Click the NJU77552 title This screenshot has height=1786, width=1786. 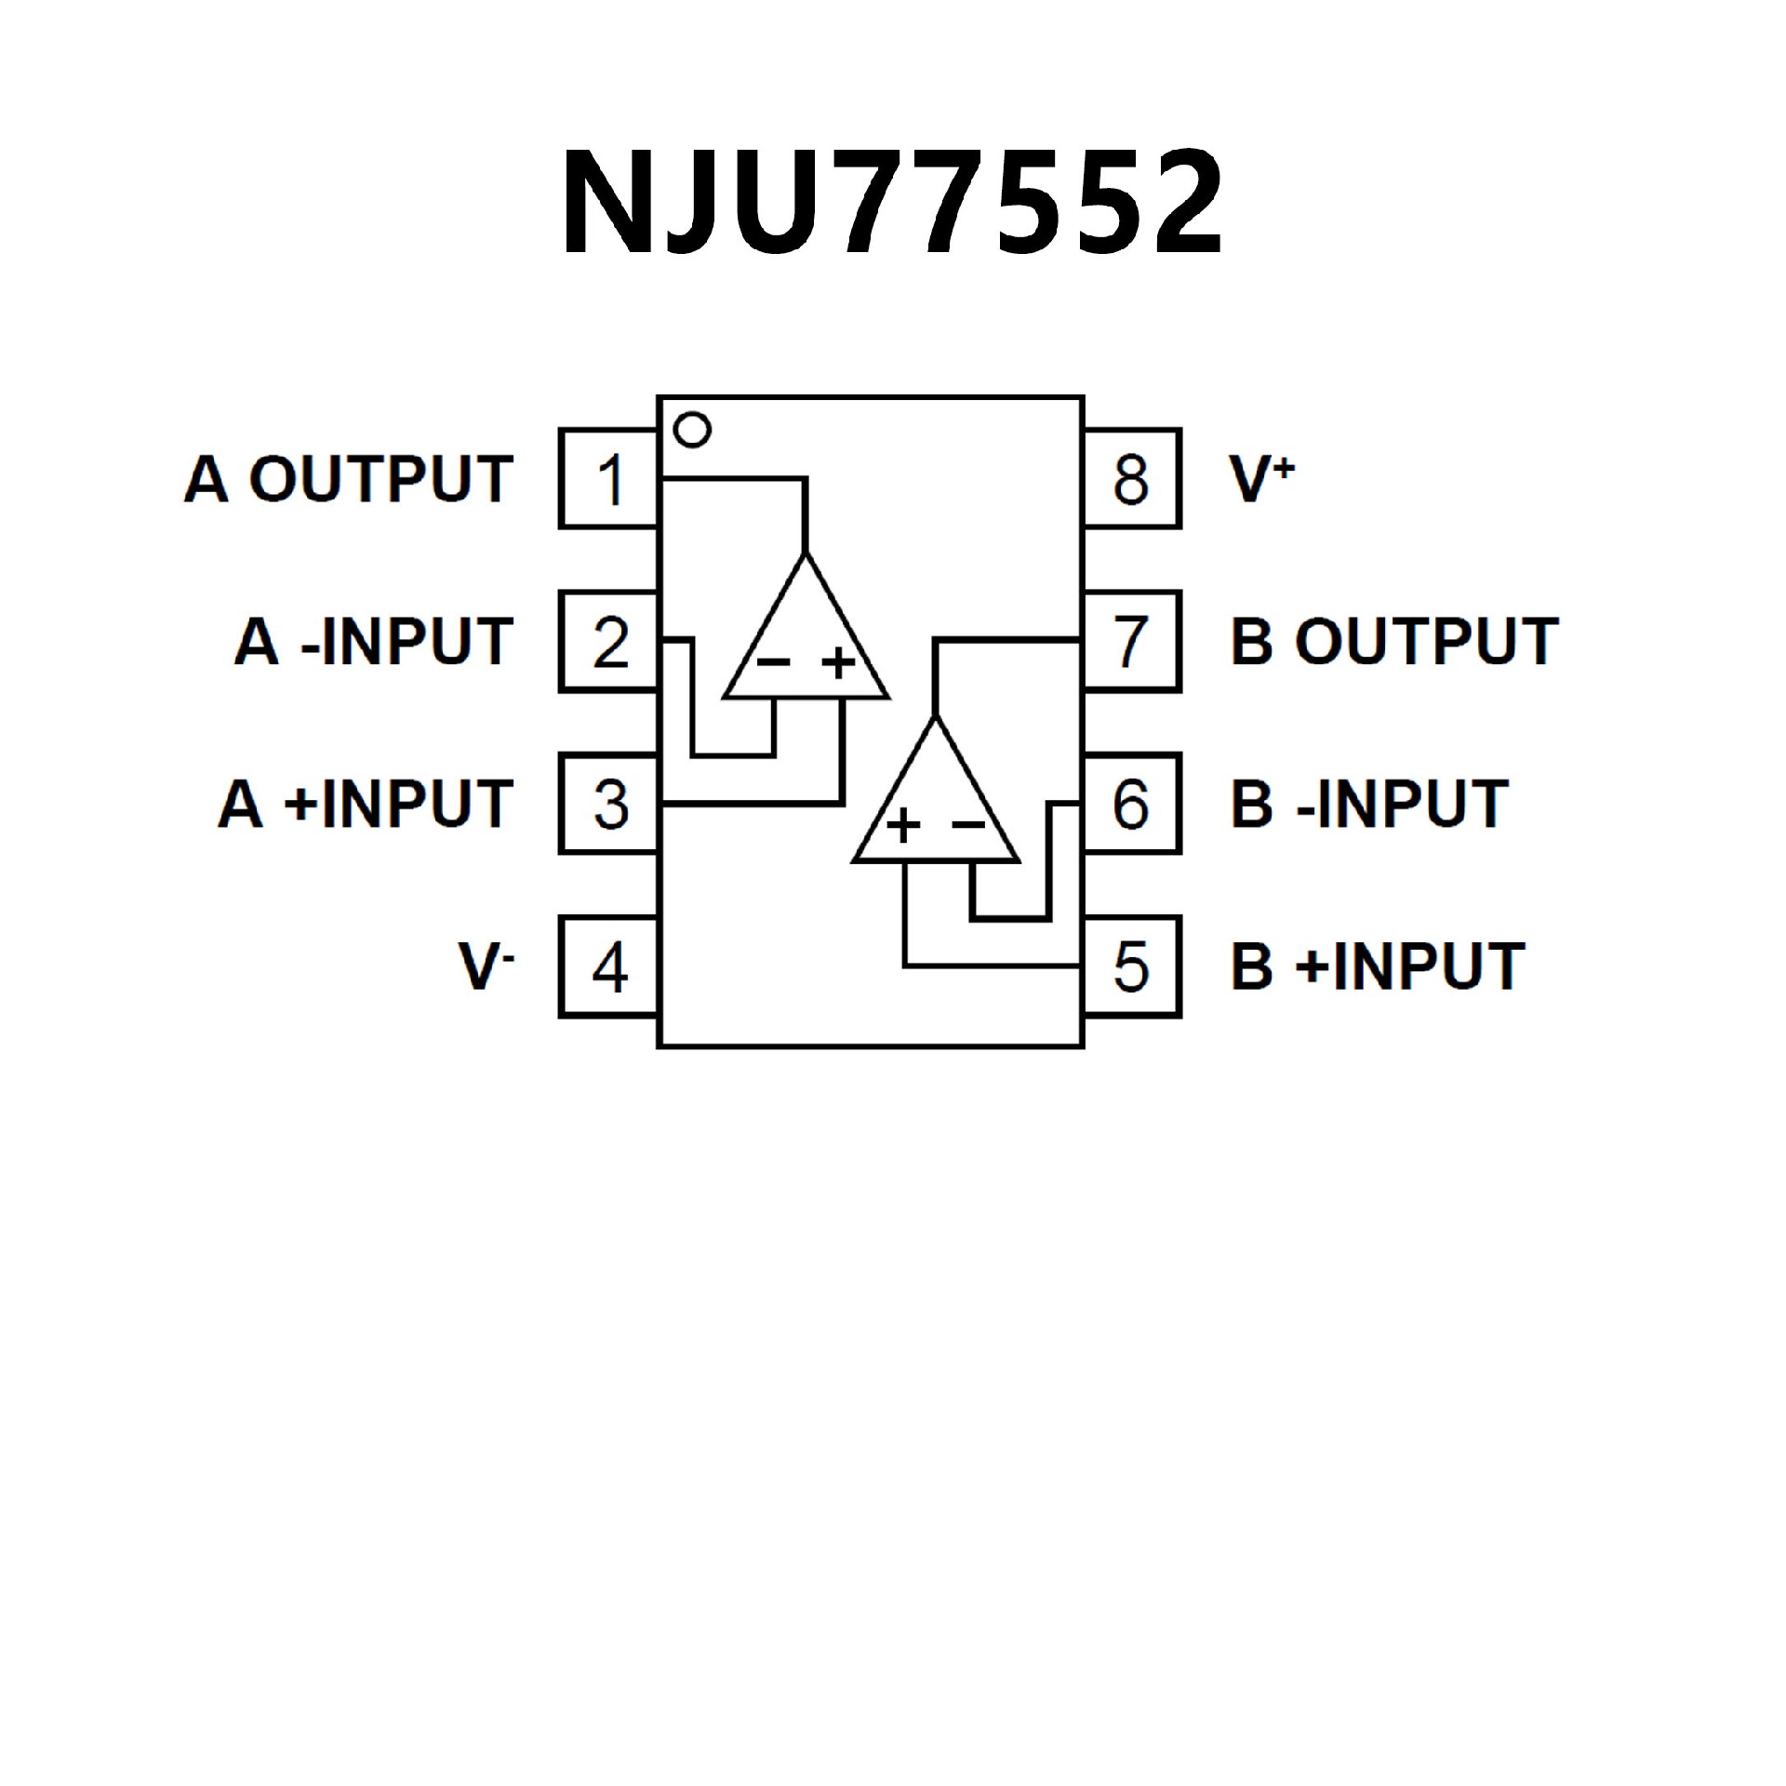point(891,203)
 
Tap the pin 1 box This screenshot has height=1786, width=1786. point(609,479)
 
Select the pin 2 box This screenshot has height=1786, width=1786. point(609,641)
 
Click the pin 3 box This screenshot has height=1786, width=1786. point(609,804)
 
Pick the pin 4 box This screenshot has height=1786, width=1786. point(609,966)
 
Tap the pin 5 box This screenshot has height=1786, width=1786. point(1131,966)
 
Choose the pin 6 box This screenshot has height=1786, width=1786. point(1131,804)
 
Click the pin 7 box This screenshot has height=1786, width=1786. point(1131,641)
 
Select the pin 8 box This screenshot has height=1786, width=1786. point(1131,479)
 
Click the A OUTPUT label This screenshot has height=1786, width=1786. point(349,479)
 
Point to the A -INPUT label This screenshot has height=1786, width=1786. point(373,641)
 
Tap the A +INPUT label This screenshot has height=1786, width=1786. point(366,804)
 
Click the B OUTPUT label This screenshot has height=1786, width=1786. point(1393,641)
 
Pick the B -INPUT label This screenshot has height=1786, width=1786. point(1368,804)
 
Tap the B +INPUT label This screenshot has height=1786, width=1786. point(1377,966)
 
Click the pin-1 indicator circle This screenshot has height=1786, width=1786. point(692,430)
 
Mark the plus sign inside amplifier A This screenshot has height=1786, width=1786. point(838,662)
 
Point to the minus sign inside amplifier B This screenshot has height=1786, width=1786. point(967,824)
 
